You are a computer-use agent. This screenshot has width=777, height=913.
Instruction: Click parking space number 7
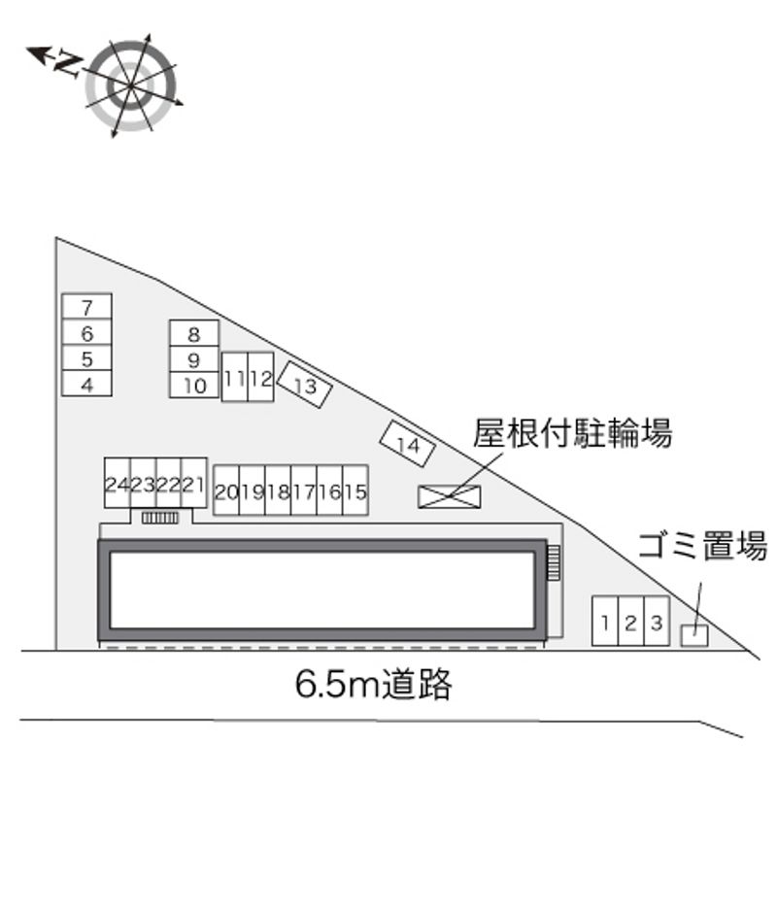(x=86, y=307)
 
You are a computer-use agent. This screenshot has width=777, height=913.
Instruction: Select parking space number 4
(x=86, y=384)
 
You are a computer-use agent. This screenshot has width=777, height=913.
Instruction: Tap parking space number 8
(x=193, y=334)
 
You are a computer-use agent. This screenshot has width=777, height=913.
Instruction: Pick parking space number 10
(x=194, y=385)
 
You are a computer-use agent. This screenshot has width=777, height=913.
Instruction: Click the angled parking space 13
(x=305, y=386)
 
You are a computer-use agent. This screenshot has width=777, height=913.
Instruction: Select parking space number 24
(x=118, y=485)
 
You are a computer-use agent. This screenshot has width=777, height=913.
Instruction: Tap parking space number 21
(x=195, y=485)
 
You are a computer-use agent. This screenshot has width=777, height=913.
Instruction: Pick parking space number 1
(x=605, y=623)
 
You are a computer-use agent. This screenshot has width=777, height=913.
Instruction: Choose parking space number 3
(x=657, y=623)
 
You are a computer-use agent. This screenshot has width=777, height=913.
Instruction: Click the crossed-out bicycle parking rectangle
(x=449, y=496)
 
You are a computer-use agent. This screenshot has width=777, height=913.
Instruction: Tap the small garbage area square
(x=693, y=635)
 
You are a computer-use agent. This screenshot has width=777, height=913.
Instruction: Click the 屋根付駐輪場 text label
(x=572, y=432)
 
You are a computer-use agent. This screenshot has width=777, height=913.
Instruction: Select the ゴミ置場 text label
(x=702, y=546)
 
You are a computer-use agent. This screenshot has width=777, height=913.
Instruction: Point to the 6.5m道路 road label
(x=374, y=685)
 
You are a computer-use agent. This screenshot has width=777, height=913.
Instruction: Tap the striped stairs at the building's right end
(x=554, y=562)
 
